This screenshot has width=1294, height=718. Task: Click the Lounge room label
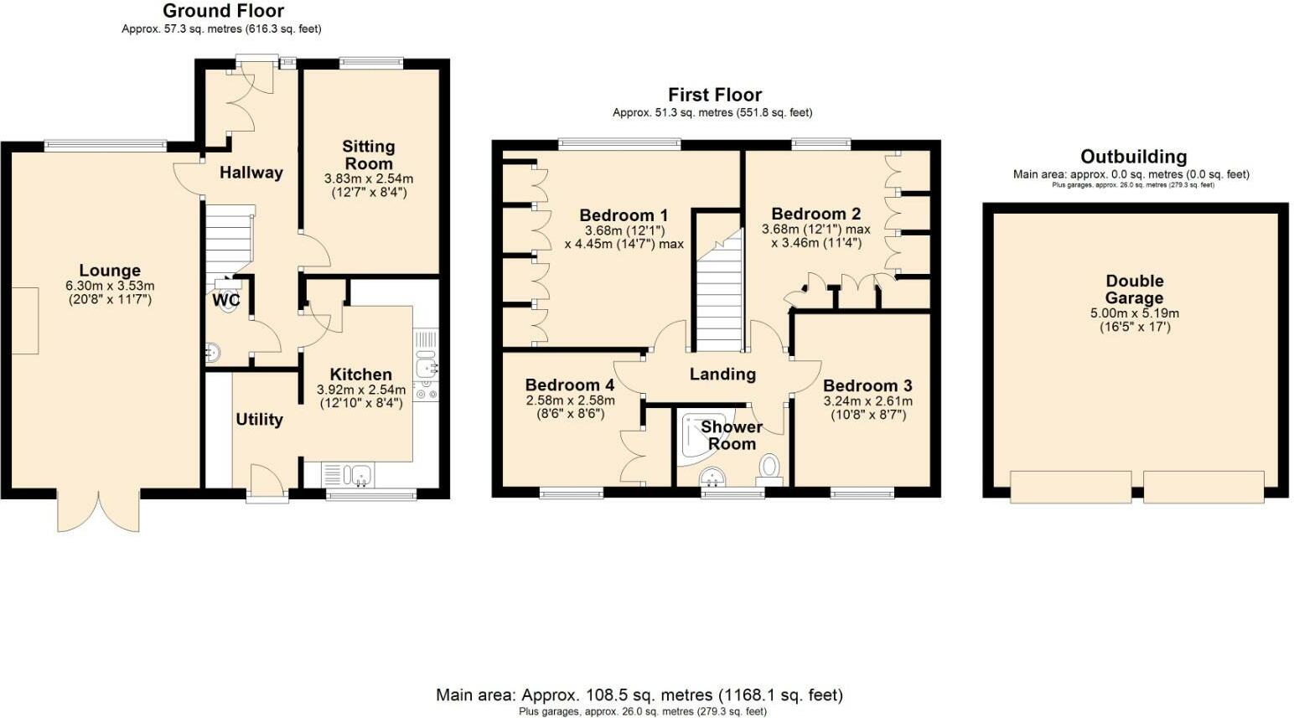click(110, 271)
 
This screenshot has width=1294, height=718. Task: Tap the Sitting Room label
click(368, 155)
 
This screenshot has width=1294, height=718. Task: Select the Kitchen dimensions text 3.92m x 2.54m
click(360, 390)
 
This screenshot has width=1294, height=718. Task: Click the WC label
click(225, 300)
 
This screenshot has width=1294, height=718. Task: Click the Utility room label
click(259, 420)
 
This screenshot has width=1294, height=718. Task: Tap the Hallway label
click(251, 173)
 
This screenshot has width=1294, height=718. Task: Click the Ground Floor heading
click(223, 11)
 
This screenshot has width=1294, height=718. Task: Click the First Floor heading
click(714, 95)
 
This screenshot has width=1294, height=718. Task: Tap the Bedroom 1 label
click(624, 215)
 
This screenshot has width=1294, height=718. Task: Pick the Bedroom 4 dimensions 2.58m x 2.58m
click(570, 400)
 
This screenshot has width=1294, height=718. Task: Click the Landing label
click(722, 374)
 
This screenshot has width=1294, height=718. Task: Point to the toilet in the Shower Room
click(769, 466)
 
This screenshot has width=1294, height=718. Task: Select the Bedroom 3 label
click(867, 385)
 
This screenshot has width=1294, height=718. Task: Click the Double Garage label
click(1134, 289)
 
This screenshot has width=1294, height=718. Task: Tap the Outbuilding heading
click(1133, 157)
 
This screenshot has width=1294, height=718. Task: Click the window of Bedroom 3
click(862, 493)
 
